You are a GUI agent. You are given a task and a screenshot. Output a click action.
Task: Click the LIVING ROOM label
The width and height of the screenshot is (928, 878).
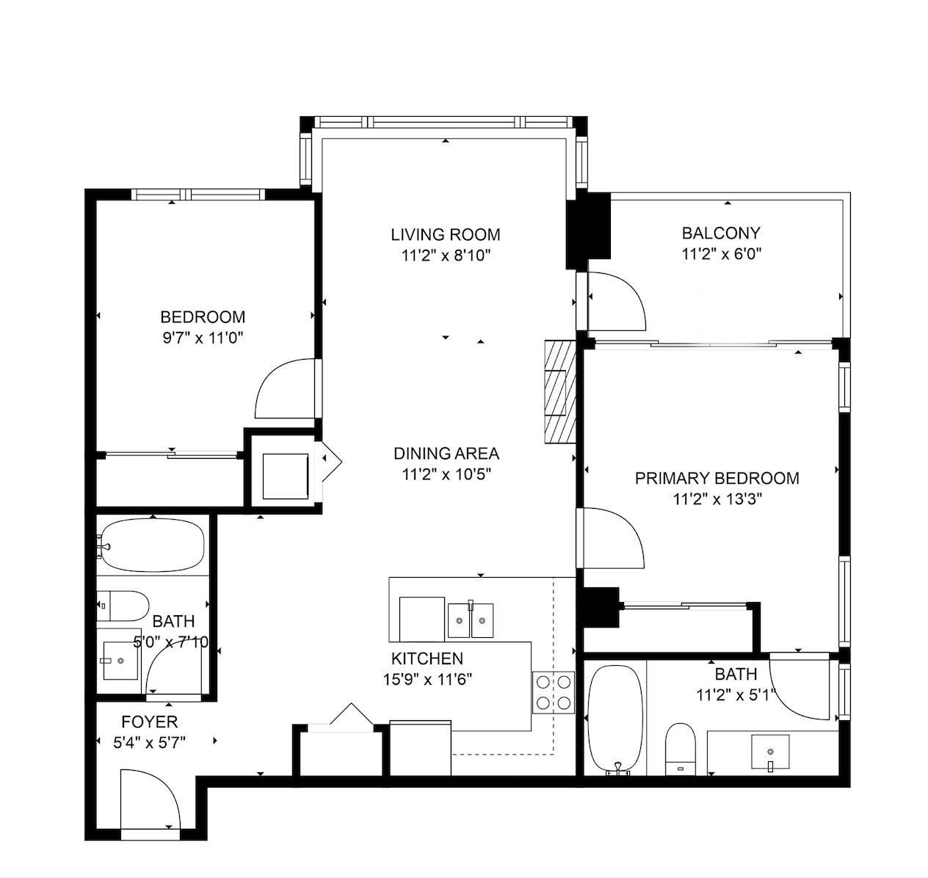click(445, 235)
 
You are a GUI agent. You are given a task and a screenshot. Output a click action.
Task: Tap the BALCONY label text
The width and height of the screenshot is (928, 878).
click(721, 233)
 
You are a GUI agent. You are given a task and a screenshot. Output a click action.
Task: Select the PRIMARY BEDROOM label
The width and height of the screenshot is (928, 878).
click(717, 478)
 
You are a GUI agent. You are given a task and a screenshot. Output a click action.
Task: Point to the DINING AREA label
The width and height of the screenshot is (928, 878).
click(446, 454)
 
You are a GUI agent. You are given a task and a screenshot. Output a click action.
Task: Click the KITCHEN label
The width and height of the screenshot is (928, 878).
click(427, 658)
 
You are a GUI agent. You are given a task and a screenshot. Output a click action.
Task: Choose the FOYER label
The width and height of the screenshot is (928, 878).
click(149, 722)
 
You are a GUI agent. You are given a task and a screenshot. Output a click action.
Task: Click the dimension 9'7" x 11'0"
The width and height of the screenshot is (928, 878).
click(203, 338)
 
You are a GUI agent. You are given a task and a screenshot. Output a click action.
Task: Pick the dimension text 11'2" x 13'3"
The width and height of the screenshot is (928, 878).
click(717, 499)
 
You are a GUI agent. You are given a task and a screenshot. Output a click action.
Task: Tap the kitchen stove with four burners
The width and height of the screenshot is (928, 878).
click(554, 692)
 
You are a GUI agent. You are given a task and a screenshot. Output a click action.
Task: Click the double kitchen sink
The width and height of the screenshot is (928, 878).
click(470, 620)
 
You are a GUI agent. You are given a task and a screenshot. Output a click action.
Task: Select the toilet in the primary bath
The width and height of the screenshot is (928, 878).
click(680, 749)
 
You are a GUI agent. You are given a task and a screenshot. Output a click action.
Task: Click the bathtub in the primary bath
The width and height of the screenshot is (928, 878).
click(616, 719)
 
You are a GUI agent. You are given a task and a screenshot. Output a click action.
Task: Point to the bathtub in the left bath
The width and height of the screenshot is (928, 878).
click(153, 545)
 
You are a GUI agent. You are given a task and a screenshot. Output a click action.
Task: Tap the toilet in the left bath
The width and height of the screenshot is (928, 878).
click(123, 606)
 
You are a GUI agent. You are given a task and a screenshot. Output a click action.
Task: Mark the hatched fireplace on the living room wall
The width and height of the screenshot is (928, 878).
click(560, 392)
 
